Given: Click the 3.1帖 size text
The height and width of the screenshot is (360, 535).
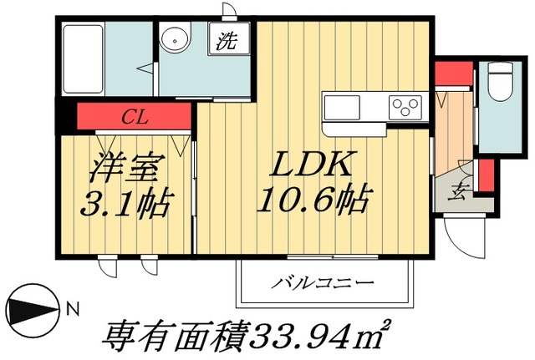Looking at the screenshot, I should point(125,202).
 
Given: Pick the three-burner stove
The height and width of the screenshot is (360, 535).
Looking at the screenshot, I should point(406,107).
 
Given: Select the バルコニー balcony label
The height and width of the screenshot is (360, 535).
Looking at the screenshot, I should point(321,282).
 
